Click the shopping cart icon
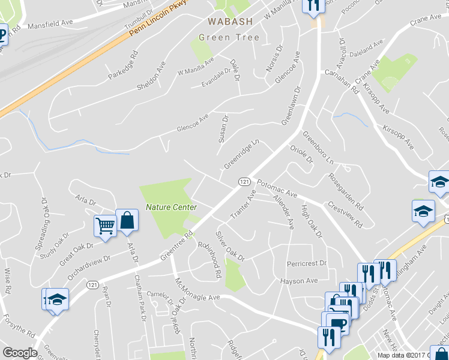coord(105,226)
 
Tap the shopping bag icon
coord(127,220)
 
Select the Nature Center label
coord(171,208)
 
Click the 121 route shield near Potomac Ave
coord(244,181)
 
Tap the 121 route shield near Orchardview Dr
coord(92,284)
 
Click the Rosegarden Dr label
coord(345,191)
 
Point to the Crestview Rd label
coord(345,214)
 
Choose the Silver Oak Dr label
coord(230,246)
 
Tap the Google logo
coord(20,352)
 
